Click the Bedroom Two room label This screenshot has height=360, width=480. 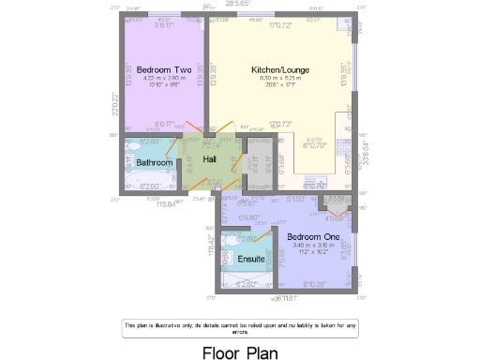tap(164, 69)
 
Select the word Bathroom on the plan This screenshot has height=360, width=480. tap(155, 162)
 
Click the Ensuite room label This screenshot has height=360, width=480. tap(250, 259)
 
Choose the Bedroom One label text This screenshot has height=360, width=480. tap(312, 236)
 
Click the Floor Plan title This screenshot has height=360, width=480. tap(241, 352)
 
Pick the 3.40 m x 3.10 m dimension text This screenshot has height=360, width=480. tap(312, 246)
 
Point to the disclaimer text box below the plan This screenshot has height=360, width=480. tap(241, 326)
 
